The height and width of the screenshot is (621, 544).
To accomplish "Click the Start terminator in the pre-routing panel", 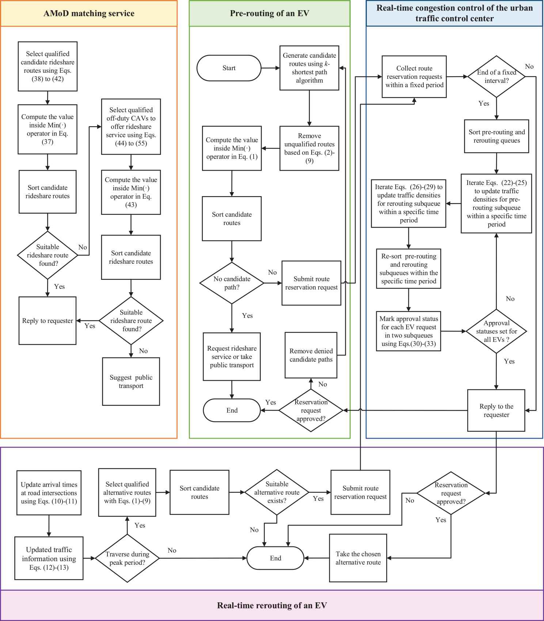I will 229,68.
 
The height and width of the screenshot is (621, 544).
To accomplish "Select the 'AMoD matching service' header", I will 89,14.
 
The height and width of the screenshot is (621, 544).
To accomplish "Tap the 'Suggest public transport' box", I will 131,381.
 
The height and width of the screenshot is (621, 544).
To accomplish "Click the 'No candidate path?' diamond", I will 232,283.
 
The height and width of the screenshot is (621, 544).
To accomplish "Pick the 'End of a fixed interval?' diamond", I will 496,77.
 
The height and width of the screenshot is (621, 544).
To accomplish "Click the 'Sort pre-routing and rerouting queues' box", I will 497,136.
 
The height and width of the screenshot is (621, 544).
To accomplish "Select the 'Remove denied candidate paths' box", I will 311,355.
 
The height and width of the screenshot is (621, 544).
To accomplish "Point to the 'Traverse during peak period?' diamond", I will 127,558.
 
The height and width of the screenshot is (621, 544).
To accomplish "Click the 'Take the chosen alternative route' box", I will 358,558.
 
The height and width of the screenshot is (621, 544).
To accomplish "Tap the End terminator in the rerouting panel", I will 275,558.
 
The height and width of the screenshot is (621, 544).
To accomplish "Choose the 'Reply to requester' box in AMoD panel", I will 47,321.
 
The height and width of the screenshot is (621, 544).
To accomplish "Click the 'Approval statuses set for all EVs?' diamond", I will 496,331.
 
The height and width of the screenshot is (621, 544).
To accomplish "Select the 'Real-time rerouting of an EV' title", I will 272,605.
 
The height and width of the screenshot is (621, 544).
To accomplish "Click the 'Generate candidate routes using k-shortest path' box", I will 309,68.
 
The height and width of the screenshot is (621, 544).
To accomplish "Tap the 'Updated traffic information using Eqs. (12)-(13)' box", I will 49,558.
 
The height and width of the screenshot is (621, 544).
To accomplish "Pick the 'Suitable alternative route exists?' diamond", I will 277,492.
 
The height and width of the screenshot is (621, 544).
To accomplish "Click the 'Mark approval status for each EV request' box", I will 408,331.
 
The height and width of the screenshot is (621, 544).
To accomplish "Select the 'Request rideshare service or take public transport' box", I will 232,357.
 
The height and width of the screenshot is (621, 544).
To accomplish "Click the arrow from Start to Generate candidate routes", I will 270,68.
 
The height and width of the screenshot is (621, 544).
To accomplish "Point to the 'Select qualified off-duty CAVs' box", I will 131,126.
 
